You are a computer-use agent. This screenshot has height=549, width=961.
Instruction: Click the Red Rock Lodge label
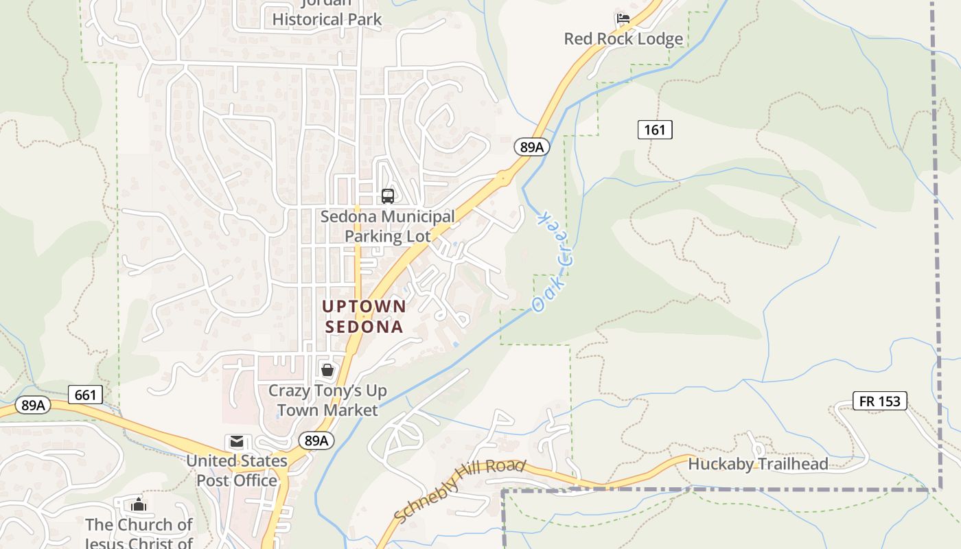[x=623, y=39]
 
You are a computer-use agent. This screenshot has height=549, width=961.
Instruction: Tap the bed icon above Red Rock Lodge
[x=623, y=19]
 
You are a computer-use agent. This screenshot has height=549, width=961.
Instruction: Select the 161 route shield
[x=655, y=129]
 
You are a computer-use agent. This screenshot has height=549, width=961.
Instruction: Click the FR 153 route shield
[x=879, y=401]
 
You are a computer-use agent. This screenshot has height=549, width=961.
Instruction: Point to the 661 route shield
[x=86, y=395]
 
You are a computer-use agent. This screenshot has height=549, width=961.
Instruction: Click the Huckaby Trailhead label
[x=758, y=464]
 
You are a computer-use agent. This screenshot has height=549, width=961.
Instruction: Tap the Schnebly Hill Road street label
[x=459, y=491]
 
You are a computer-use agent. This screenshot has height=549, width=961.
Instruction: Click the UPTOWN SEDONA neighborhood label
[x=364, y=316]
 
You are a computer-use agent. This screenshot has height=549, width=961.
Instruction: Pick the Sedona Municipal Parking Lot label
[x=388, y=226]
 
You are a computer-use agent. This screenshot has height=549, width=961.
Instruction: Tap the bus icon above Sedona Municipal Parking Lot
[x=388, y=196]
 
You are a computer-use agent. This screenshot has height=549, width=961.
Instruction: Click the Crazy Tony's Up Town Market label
[x=327, y=400]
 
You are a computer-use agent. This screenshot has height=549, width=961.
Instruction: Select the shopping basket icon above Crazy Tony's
[x=327, y=370]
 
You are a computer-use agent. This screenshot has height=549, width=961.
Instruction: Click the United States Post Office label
[x=237, y=470]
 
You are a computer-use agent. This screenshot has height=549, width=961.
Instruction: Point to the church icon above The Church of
[x=139, y=504]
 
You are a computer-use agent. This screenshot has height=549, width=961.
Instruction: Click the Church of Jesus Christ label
[x=139, y=534]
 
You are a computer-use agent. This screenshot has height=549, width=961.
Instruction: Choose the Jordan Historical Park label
[x=327, y=15]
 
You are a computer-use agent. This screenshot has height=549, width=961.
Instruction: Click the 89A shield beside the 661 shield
[x=33, y=405]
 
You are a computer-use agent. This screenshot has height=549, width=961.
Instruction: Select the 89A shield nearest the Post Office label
[x=316, y=441]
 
